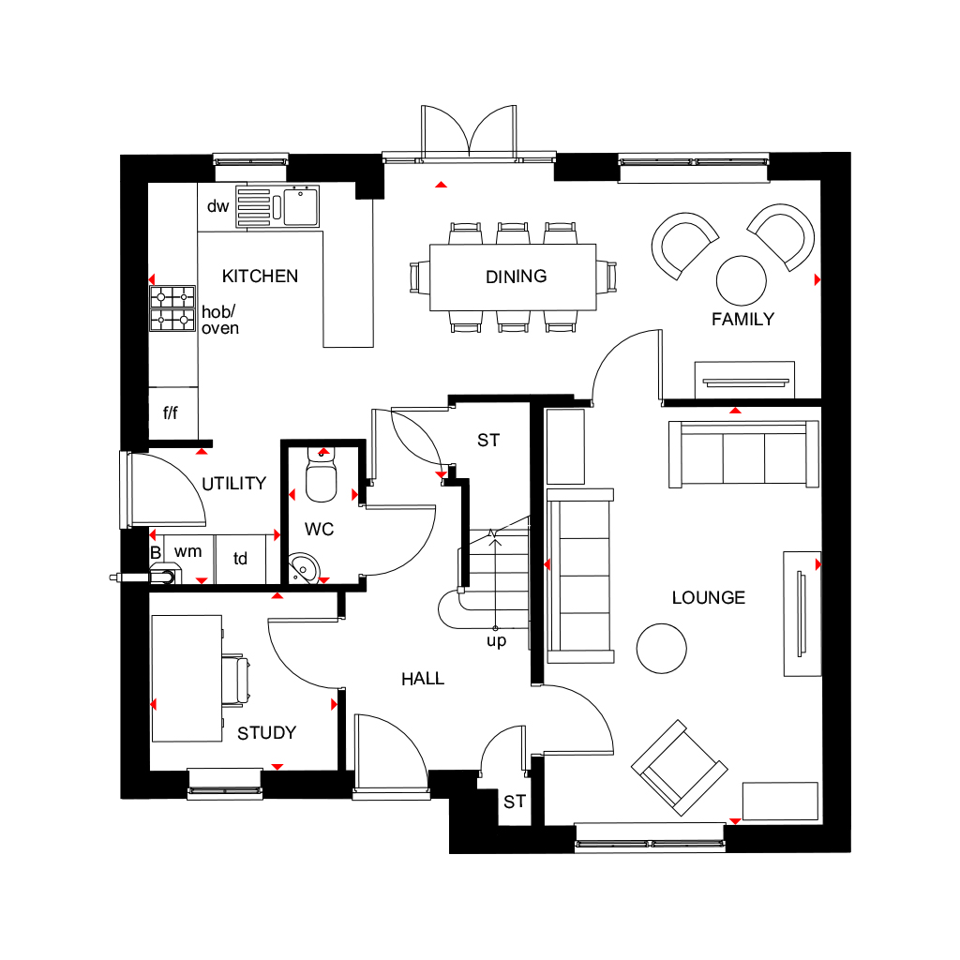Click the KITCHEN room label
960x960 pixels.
(x=260, y=277)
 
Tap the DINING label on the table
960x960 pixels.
(x=517, y=277)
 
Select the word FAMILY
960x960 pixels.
(x=742, y=319)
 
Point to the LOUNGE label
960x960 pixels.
(x=709, y=597)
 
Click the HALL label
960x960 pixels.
(x=423, y=679)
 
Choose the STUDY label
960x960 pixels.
(x=267, y=733)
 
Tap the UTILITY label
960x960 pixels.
(x=233, y=484)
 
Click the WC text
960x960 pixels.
(x=319, y=529)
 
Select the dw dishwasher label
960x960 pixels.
(x=217, y=206)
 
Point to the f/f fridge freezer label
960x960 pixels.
(x=171, y=412)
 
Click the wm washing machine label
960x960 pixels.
(x=187, y=551)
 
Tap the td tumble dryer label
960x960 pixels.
(x=240, y=559)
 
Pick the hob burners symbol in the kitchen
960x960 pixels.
(x=172, y=308)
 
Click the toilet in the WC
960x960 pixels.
(x=321, y=475)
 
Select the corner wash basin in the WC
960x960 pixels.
(x=303, y=568)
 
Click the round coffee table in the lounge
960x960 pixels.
(x=661, y=649)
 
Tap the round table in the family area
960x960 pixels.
(x=741, y=280)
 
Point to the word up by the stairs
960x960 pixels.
(x=497, y=641)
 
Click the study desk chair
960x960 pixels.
(x=235, y=681)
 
